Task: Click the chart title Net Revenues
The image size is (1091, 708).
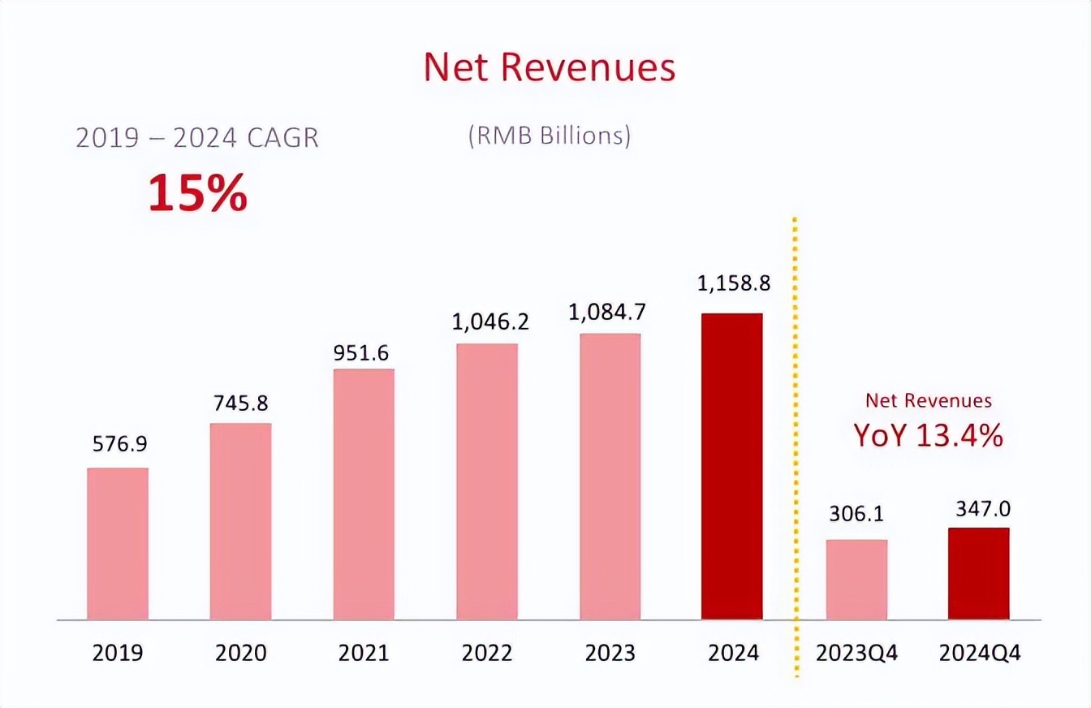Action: pos(549,68)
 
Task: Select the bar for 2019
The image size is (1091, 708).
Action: pos(118,544)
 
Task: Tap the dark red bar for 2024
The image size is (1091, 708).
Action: pos(731,467)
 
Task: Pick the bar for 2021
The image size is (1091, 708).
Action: pos(364,494)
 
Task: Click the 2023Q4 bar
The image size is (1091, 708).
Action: pos(856,580)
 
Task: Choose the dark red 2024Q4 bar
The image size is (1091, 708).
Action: pos(978,574)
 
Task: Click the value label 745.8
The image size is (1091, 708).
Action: pos(240,403)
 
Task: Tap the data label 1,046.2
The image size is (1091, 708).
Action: pos(487,322)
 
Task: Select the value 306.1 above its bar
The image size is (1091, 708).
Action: pos(856,514)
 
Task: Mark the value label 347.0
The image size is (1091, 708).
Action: pos(978,508)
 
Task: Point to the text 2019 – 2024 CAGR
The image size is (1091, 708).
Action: pos(197,137)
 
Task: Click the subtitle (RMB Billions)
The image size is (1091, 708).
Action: pos(549,136)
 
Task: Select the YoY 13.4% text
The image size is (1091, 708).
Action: pos(928,436)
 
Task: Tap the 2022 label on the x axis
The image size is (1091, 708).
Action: pos(487,653)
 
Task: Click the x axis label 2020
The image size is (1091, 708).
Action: pos(240,653)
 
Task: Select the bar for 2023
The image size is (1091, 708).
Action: pos(610,477)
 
